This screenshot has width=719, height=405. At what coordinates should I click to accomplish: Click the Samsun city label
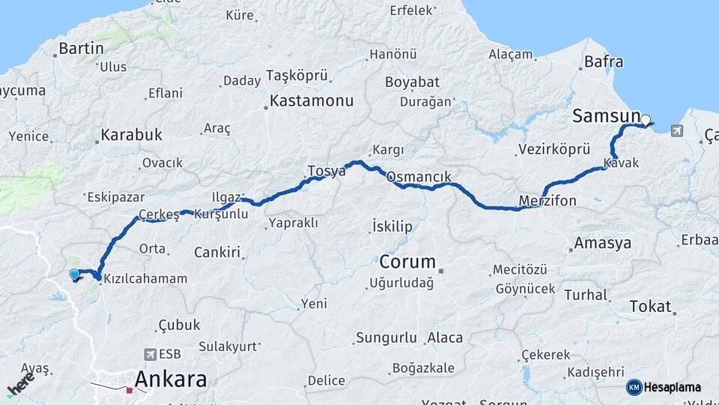pyautogui.click(x=606, y=115)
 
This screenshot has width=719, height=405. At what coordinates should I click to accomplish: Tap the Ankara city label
pyautogui.click(x=170, y=379)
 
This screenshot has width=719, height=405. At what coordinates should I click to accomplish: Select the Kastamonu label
pyautogui.click(x=312, y=100)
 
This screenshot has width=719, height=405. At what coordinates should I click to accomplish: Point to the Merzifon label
pyautogui.click(x=547, y=200)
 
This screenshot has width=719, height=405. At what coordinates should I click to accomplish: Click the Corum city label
pyautogui.click(x=407, y=262)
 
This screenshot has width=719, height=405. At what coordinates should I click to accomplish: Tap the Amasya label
pyautogui.click(x=602, y=244)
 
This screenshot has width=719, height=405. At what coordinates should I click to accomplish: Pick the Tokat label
pyautogui.click(x=650, y=306)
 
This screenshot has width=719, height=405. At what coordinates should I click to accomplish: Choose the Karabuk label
pyautogui.click(x=131, y=136)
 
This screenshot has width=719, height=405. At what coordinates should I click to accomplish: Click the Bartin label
pyautogui.click(x=81, y=49)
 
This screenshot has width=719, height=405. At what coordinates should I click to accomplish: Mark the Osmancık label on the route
pyautogui.click(x=419, y=177)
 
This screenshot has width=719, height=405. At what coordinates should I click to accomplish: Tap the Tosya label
pyautogui.click(x=327, y=171)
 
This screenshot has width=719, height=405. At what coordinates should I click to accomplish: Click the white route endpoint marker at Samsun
pyautogui.click(x=645, y=119)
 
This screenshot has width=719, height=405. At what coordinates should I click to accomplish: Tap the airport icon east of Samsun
pyautogui.click(x=677, y=131)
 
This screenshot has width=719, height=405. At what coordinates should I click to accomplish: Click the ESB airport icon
pyautogui.click(x=151, y=354)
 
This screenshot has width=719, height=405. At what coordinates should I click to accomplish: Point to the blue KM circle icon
pyautogui.click(x=634, y=387)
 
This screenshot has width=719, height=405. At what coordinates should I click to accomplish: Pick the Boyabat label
pyautogui.click(x=410, y=82)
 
